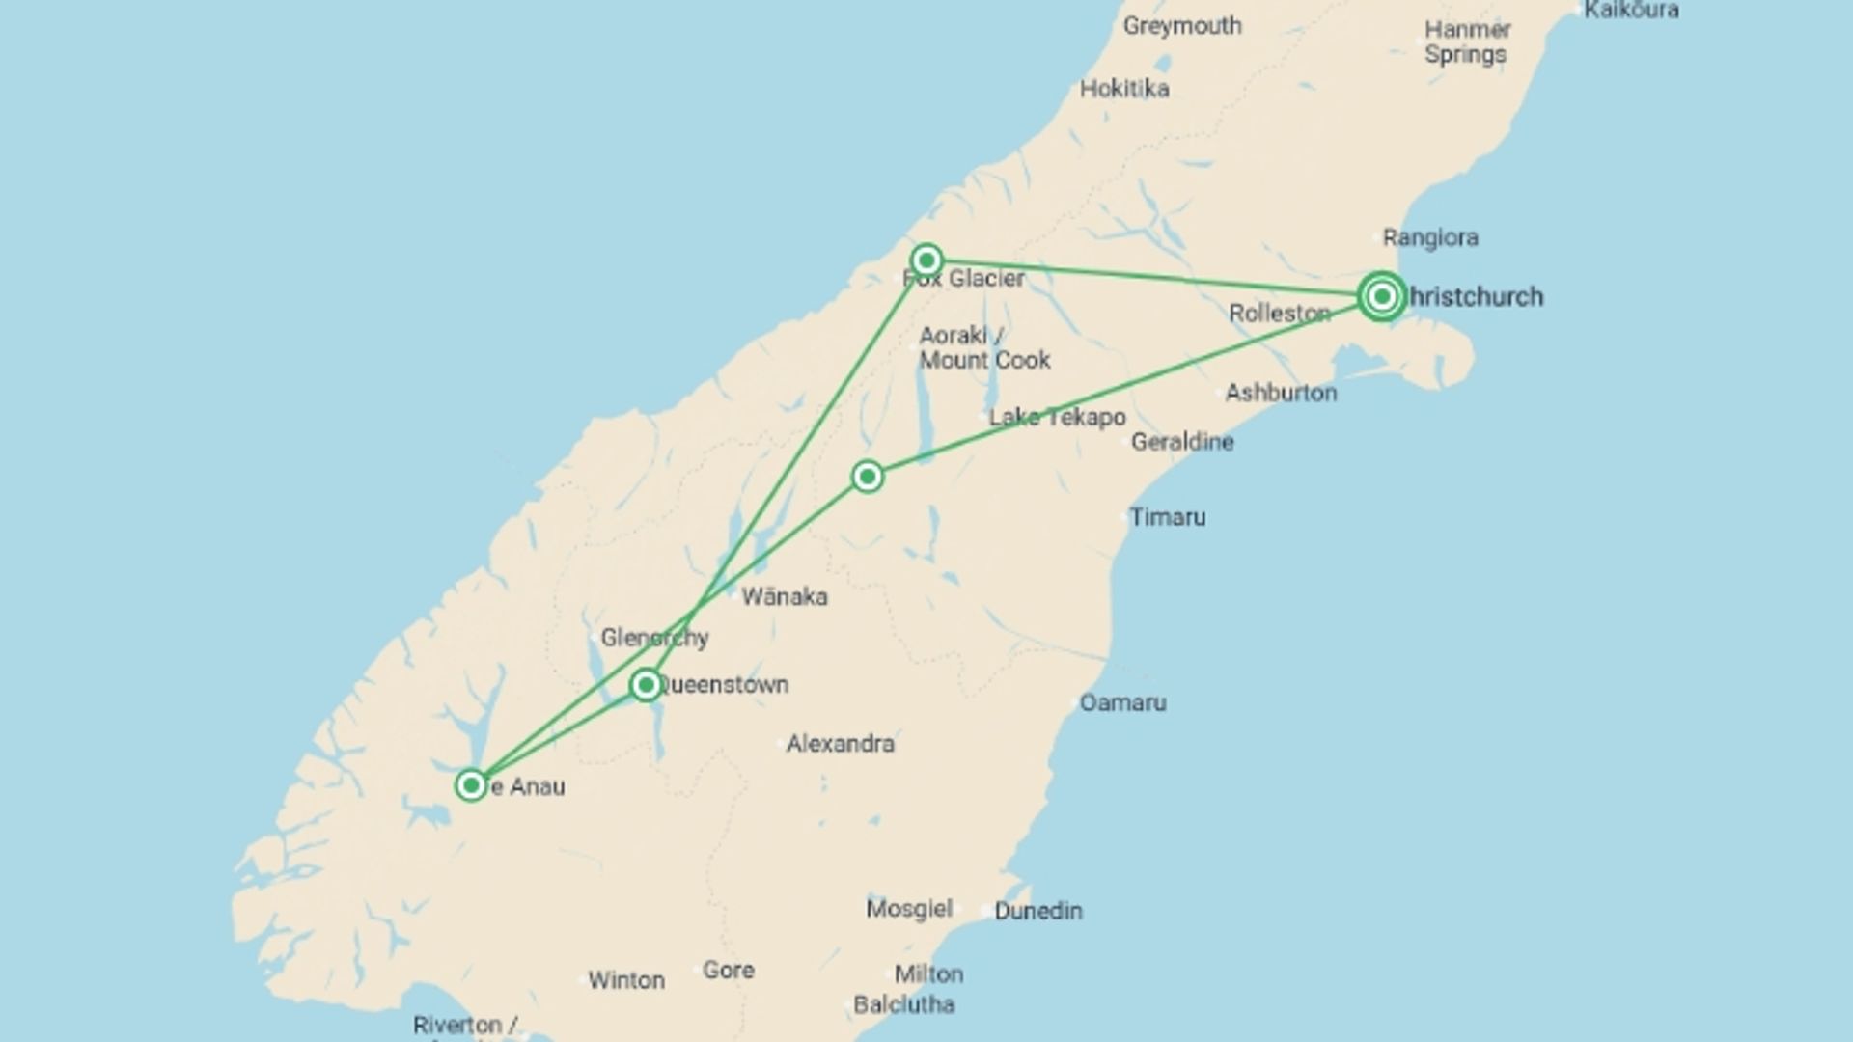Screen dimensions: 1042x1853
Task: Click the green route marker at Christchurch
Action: [x=1381, y=296]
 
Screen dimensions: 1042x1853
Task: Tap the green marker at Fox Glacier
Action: [x=926, y=260]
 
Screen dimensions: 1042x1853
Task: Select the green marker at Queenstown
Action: [x=646, y=685]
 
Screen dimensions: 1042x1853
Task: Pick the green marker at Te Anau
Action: [x=471, y=785]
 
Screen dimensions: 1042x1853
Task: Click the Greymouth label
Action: [x=1181, y=26]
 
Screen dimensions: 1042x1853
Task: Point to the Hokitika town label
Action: [x=1124, y=89]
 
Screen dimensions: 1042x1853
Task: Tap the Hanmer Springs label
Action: [x=1466, y=42]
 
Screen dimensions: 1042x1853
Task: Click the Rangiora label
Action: [x=1429, y=237]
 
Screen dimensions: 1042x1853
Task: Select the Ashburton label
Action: [x=1281, y=393]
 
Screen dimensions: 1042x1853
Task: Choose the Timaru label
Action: [x=1167, y=517]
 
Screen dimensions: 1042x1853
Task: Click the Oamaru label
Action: [x=1122, y=702]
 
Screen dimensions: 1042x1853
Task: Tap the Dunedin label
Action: [x=1037, y=911]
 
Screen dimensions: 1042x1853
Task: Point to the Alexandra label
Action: [x=840, y=744]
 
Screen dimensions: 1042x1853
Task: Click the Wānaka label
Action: [x=784, y=597]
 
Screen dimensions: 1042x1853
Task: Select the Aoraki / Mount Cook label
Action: [x=983, y=348]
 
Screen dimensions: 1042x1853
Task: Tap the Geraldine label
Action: [x=1182, y=442]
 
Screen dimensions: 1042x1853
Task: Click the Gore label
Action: [x=728, y=971]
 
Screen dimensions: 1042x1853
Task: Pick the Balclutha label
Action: [x=903, y=1004]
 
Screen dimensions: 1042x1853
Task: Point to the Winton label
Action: [x=626, y=980]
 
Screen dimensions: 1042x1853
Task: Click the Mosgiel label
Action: [x=909, y=909]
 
